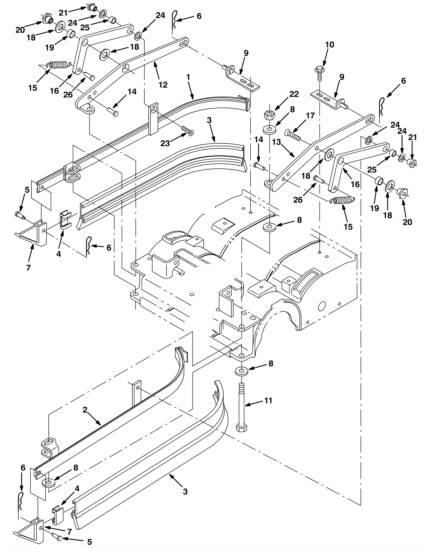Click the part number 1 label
coord(189,78)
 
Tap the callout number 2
coord(85,410)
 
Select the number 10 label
coord(330,44)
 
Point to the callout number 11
coord(268,400)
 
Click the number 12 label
coord(163,85)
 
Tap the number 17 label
coord(310,116)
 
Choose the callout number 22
coord(294,94)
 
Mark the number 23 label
coord(165,143)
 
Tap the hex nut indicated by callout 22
coord(269,115)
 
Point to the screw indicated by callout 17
coord(293,135)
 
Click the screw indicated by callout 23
coord(187,131)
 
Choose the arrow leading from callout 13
coord(287,150)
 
